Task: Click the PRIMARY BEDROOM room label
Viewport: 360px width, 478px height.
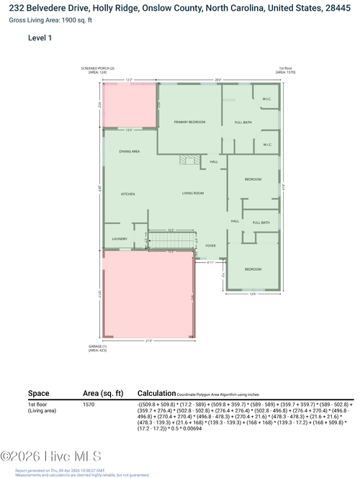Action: click(190, 123)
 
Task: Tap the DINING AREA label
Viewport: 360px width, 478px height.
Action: click(129, 151)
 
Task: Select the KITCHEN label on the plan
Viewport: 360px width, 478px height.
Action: click(127, 194)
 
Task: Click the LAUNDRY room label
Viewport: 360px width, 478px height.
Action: click(120, 239)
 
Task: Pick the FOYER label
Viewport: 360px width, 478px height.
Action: click(210, 245)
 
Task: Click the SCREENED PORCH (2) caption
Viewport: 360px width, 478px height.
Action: click(98, 69)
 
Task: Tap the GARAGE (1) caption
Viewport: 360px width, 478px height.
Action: click(87, 346)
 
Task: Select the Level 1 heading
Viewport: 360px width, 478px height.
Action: click(40, 37)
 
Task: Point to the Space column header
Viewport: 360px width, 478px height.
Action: click(38, 394)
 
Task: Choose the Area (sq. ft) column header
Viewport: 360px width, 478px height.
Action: click(103, 394)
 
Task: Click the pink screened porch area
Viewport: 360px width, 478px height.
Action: click(130, 105)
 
